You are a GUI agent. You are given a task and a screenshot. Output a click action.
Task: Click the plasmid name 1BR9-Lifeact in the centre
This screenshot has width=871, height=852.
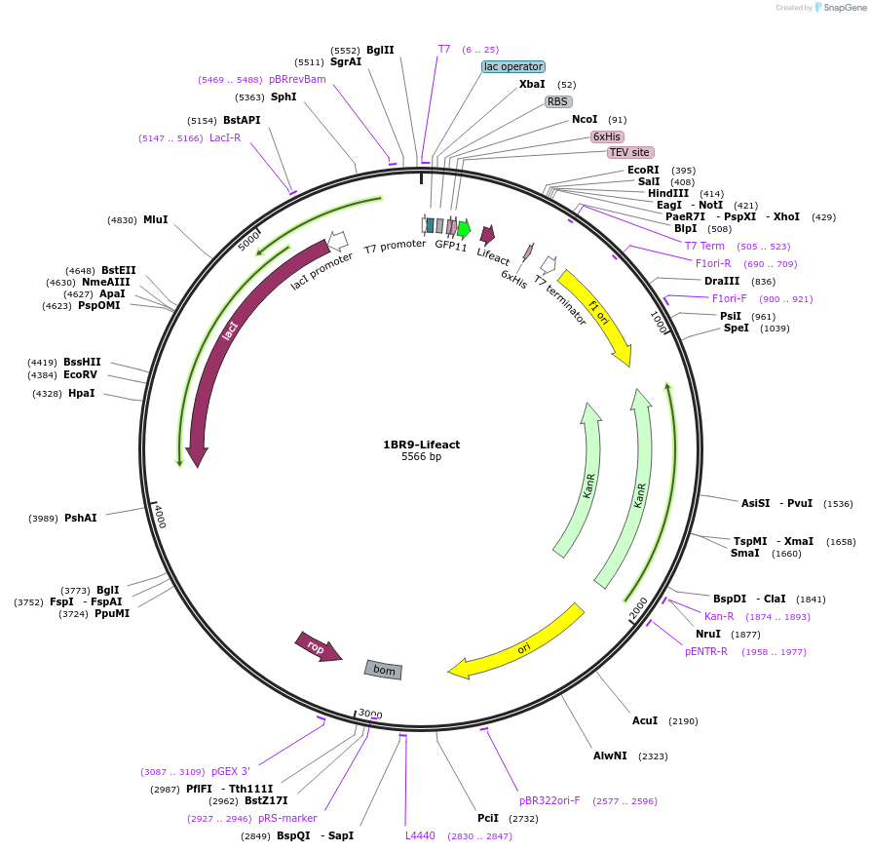click(x=421, y=445)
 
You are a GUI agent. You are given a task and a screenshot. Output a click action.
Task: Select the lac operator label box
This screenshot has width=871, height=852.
click(x=512, y=67)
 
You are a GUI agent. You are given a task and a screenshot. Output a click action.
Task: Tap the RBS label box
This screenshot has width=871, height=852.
click(x=557, y=101)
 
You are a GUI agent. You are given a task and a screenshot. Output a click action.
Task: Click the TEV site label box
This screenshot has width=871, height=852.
click(x=629, y=153)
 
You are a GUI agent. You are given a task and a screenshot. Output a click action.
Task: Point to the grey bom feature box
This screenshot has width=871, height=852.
click(x=384, y=670)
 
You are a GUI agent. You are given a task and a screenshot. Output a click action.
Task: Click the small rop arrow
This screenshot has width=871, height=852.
click(x=318, y=647)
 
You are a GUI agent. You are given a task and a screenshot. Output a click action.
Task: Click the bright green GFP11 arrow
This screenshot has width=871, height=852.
click(x=464, y=230)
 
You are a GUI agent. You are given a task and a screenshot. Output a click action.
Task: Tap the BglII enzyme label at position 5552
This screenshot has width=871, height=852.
click(x=380, y=50)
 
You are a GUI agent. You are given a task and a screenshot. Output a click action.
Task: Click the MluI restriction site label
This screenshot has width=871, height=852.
click(x=155, y=219)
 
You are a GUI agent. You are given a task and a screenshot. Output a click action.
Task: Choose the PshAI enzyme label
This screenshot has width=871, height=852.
click(x=80, y=518)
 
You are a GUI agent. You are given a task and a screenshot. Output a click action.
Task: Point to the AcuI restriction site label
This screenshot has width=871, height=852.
click(x=645, y=720)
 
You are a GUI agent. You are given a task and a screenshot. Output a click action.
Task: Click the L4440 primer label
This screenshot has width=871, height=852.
click(x=422, y=835)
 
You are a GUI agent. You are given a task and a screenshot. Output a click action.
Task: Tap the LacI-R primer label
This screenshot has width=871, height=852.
click(x=225, y=137)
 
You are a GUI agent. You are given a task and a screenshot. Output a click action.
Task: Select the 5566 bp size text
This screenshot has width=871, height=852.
click(x=421, y=456)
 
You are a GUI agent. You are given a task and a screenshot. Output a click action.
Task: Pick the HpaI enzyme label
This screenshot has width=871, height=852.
click(x=82, y=393)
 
